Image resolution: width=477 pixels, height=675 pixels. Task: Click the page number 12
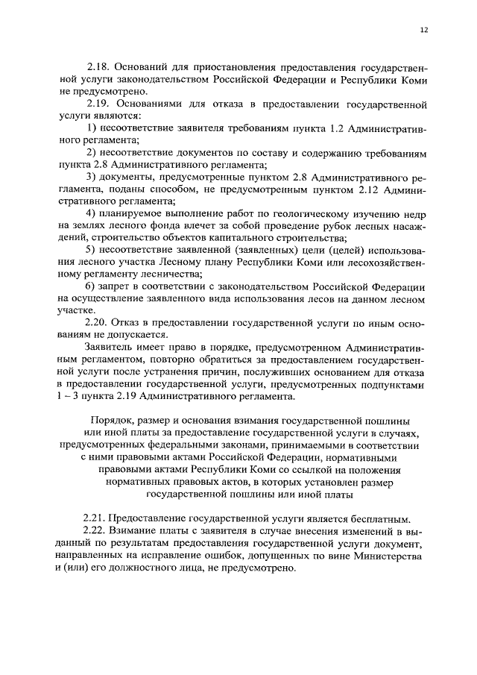point(423,30)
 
